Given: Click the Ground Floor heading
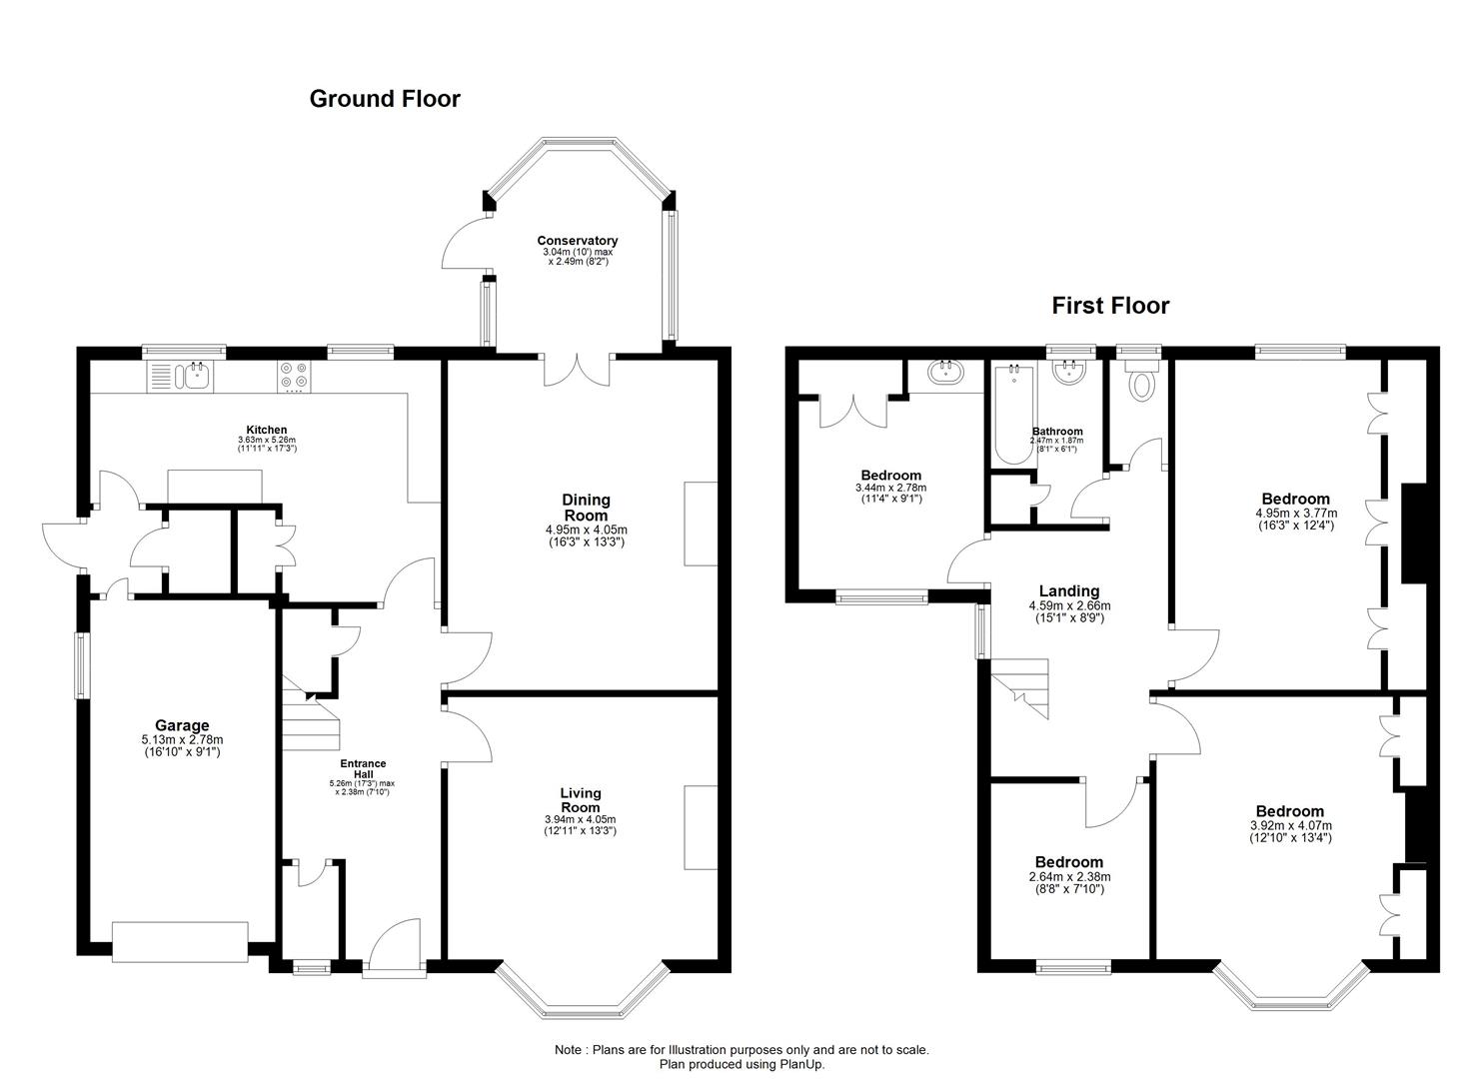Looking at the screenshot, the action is [385, 99].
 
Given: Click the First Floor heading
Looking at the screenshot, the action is [1110, 306].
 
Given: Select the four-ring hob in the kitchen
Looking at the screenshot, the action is [294, 376].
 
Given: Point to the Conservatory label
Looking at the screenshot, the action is [577, 241].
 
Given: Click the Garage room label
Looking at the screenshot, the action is [182, 725].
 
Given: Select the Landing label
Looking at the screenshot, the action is [1068, 590].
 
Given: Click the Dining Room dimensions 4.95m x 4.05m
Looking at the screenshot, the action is [587, 530].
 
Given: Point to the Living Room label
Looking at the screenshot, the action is [581, 800].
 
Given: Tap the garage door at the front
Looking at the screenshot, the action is [180, 941].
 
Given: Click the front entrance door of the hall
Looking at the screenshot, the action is [395, 947].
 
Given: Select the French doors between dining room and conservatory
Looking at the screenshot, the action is [577, 371].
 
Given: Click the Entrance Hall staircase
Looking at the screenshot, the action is [310, 712].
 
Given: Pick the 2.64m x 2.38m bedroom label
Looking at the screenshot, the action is [1069, 875].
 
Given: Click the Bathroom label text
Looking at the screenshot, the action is [1057, 432].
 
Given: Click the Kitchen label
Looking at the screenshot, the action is [267, 430].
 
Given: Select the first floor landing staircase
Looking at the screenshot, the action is [1020, 688].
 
